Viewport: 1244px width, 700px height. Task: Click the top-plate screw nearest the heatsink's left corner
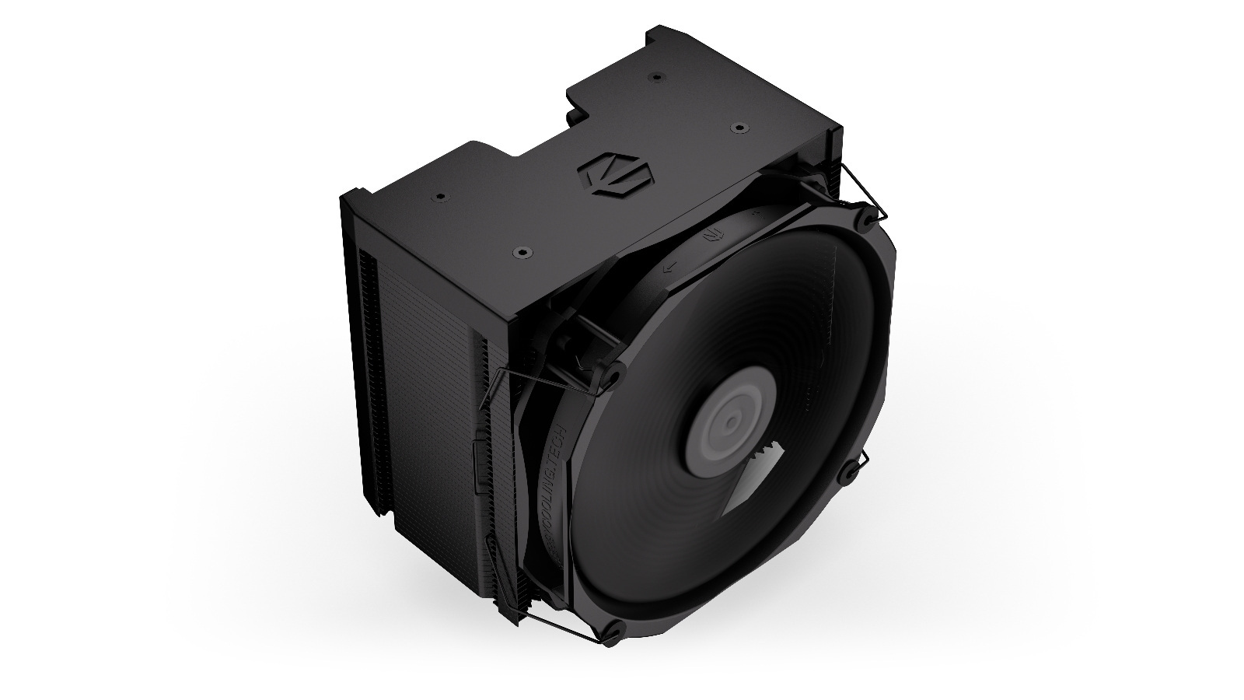[x=440, y=196]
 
